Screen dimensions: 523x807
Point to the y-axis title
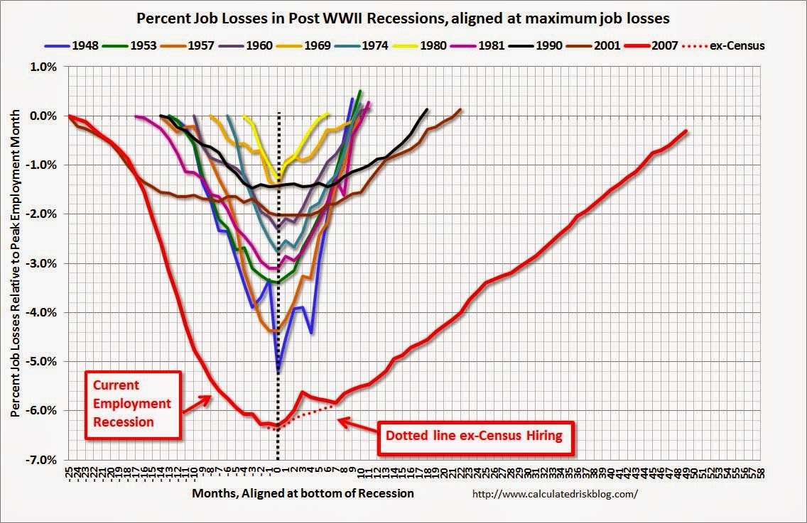[x=15, y=263]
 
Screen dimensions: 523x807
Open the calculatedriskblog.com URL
[x=551, y=493]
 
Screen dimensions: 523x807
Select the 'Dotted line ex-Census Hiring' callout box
[x=473, y=436]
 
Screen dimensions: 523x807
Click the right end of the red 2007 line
[x=686, y=131]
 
